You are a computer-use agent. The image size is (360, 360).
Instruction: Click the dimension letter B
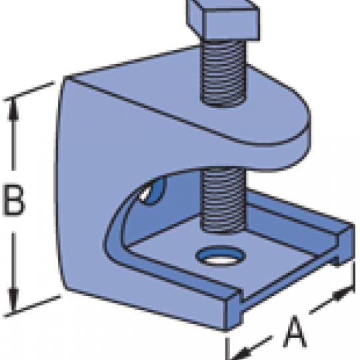pyautogui.click(x=13, y=200)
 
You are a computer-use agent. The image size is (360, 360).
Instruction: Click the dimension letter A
pyautogui.click(x=295, y=331)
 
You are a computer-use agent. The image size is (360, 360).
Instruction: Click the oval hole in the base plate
pyautogui.click(x=221, y=256)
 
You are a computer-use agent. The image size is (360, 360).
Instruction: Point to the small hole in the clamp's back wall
pyautogui.click(x=151, y=191)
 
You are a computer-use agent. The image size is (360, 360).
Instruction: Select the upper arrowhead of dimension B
pyautogui.click(x=13, y=109)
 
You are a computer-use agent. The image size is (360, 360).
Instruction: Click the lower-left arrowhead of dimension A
pyautogui.click(x=241, y=353)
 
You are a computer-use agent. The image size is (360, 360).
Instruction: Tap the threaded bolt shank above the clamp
pyautogui.click(x=223, y=73)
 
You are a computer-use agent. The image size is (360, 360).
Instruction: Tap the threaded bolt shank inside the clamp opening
pyautogui.click(x=223, y=200)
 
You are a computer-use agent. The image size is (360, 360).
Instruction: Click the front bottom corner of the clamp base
pyautogui.click(x=226, y=330)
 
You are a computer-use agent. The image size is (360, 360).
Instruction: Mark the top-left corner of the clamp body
pyautogui.click(x=64, y=77)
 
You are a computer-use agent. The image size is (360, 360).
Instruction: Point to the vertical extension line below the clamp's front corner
pyautogui.click(x=227, y=348)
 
